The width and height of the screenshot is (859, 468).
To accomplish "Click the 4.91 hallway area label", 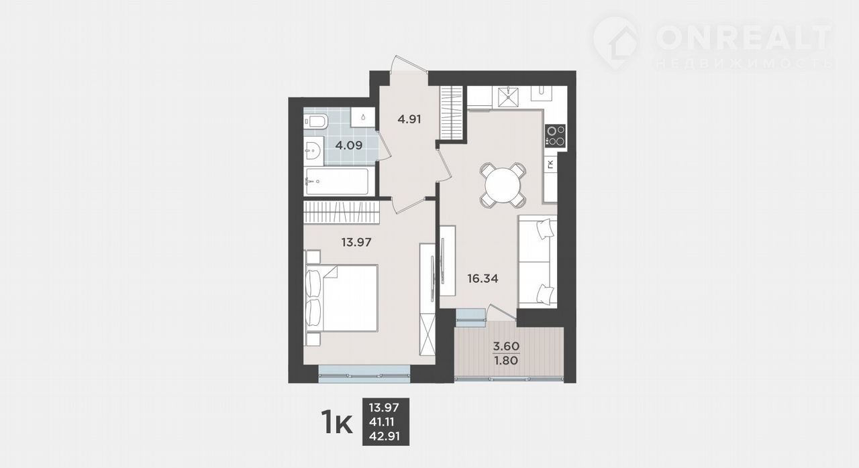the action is pyautogui.click(x=409, y=119).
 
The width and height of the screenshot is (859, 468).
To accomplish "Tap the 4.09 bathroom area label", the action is pyautogui.click(x=348, y=145).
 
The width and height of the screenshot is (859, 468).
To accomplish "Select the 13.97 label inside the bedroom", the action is pyautogui.click(x=356, y=242).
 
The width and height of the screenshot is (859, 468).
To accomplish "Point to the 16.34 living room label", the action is pyautogui.click(x=483, y=278).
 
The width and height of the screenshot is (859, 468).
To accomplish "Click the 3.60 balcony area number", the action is pyautogui.click(x=506, y=346).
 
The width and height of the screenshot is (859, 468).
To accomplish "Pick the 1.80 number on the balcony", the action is pyautogui.click(x=506, y=360).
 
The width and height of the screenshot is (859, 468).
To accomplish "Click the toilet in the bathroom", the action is pyautogui.click(x=315, y=121).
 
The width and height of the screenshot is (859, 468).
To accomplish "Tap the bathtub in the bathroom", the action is pyautogui.click(x=336, y=181).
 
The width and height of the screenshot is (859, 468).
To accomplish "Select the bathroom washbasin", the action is pyautogui.click(x=313, y=150).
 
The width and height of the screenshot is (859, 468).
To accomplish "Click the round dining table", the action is pyautogui.click(x=503, y=186).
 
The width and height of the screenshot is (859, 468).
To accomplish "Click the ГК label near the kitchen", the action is pyautogui.click(x=551, y=164).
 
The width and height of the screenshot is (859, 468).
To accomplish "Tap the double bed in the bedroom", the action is pyautogui.click(x=342, y=298).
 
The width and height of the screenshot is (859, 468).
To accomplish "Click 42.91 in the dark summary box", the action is pyautogui.click(x=385, y=436).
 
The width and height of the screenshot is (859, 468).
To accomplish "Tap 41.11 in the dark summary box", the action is pyautogui.click(x=382, y=422).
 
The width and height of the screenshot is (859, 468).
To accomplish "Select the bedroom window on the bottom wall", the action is pyautogui.click(x=364, y=374).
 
